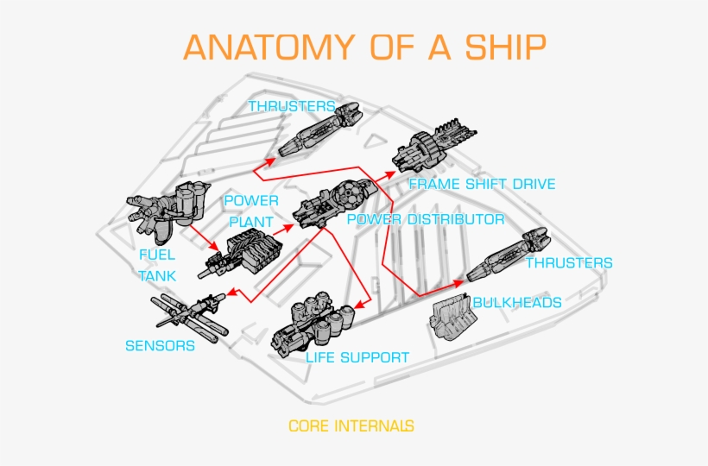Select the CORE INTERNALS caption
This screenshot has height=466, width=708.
[x=351, y=425]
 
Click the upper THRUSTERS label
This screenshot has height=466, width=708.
[x=292, y=106]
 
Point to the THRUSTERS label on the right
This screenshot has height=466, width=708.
[x=569, y=263]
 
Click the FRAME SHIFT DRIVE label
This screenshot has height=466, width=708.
[x=482, y=184]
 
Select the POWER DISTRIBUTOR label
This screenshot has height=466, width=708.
[x=425, y=219]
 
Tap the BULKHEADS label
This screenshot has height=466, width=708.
[x=517, y=302]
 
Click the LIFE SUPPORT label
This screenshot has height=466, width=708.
[x=357, y=357]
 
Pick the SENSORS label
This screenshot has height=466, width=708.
[x=160, y=346]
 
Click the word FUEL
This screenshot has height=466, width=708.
[x=157, y=255]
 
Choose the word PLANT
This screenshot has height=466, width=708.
[x=250, y=222]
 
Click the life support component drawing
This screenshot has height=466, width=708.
[x=311, y=324]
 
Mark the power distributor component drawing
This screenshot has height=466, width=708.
[x=332, y=203]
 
